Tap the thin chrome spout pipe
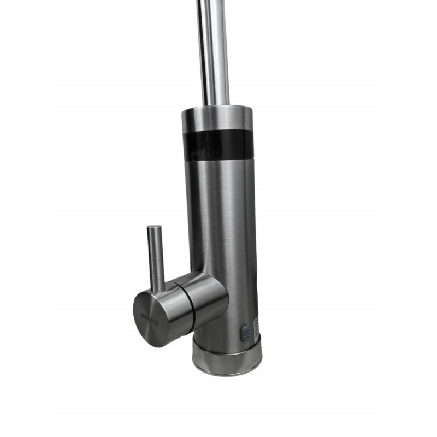click(213, 55)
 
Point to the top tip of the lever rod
click(155, 227)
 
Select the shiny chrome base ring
click(227, 355)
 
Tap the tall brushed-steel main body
click(224, 218)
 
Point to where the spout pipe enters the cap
click(214, 105)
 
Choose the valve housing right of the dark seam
click(208, 298)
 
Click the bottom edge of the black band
click(218, 159)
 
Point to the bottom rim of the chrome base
click(227, 373)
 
